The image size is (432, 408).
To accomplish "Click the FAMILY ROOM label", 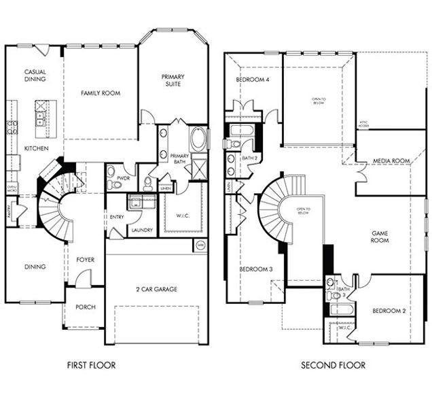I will point(101,92).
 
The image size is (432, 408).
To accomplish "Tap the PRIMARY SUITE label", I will point(173,81).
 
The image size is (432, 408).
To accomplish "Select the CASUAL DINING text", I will point(35,75).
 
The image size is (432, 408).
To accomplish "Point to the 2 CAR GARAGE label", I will point(156,289).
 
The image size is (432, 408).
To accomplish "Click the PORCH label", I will point(86,307).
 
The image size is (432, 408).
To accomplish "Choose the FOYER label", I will point(85,260).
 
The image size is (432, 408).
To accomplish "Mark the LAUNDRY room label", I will point(142,230).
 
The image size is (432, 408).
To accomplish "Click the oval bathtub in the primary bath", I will point(199,140).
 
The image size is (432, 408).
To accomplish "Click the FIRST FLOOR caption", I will point(91,365).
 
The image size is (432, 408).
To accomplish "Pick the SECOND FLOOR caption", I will point(333,365).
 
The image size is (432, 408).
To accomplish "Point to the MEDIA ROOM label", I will point(391,161).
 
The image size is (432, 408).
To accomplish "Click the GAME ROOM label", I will point(379,237).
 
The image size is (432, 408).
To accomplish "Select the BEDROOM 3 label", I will point(256,269).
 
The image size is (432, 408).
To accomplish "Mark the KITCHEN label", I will point(36,148).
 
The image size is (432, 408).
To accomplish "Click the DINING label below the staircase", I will point(35,267).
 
